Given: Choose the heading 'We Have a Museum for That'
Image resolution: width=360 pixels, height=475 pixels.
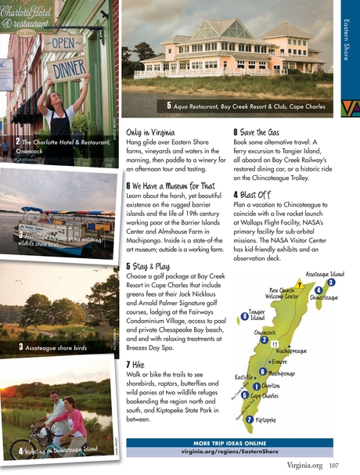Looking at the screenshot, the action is (x=169, y=185).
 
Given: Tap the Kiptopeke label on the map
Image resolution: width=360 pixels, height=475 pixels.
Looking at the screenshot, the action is (x=261, y=419).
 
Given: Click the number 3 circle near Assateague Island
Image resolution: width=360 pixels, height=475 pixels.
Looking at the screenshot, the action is (x=331, y=282).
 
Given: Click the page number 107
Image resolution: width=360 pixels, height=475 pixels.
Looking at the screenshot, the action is (x=334, y=466).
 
